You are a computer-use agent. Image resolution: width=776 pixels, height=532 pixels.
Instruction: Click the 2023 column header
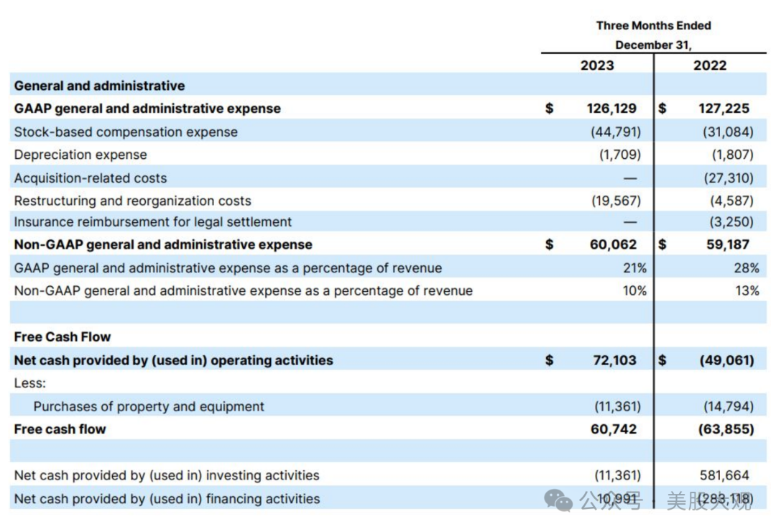(x=597, y=65)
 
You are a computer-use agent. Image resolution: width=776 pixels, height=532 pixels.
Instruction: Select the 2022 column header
(x=710, y=65)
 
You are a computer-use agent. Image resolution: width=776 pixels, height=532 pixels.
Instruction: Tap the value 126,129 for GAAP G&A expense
(x=611, y=109)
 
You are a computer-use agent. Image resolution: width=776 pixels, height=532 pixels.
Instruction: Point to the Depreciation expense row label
(x=80, y=155)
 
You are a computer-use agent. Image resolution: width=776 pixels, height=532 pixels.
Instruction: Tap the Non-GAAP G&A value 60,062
(x=613, y=244)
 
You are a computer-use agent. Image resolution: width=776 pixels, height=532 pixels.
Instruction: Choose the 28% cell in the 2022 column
(x=747, y=268)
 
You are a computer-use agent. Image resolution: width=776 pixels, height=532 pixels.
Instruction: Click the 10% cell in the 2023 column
(x=635, y=291)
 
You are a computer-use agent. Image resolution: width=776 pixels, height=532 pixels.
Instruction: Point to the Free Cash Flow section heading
(x=63, y=337)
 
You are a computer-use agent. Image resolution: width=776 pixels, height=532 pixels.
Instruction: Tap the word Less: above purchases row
(x=29, y=383)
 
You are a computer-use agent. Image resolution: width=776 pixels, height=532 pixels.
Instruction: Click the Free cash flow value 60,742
(x=613, y=429)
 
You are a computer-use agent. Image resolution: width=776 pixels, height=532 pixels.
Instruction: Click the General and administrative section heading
(x=99, y=86)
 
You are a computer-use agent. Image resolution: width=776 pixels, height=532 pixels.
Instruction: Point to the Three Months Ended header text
(x=653, y=26)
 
